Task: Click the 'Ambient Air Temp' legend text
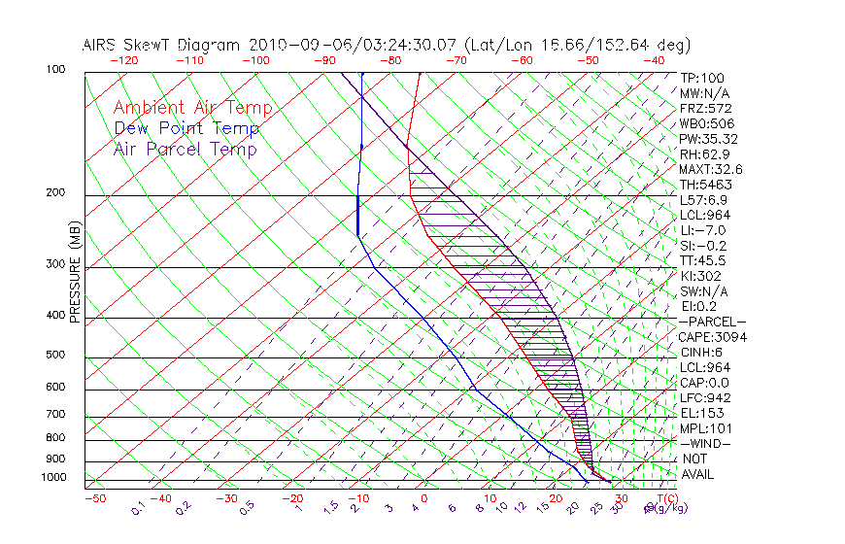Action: point(192,109)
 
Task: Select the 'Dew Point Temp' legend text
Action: point(186,129)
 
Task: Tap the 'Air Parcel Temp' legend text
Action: point(185,150)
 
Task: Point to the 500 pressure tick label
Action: point(54,356)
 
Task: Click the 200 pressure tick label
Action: point(54,193)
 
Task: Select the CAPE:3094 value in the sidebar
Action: point(712,337)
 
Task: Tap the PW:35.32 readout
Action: point(707,139)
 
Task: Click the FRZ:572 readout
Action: point(705,109)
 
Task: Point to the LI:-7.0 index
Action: point(702,230)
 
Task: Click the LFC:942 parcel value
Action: point(705,398)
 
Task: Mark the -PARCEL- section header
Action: point(712,322)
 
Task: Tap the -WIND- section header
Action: point(705,444)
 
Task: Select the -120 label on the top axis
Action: point(123,60)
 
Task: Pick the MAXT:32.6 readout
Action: point(711,170)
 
